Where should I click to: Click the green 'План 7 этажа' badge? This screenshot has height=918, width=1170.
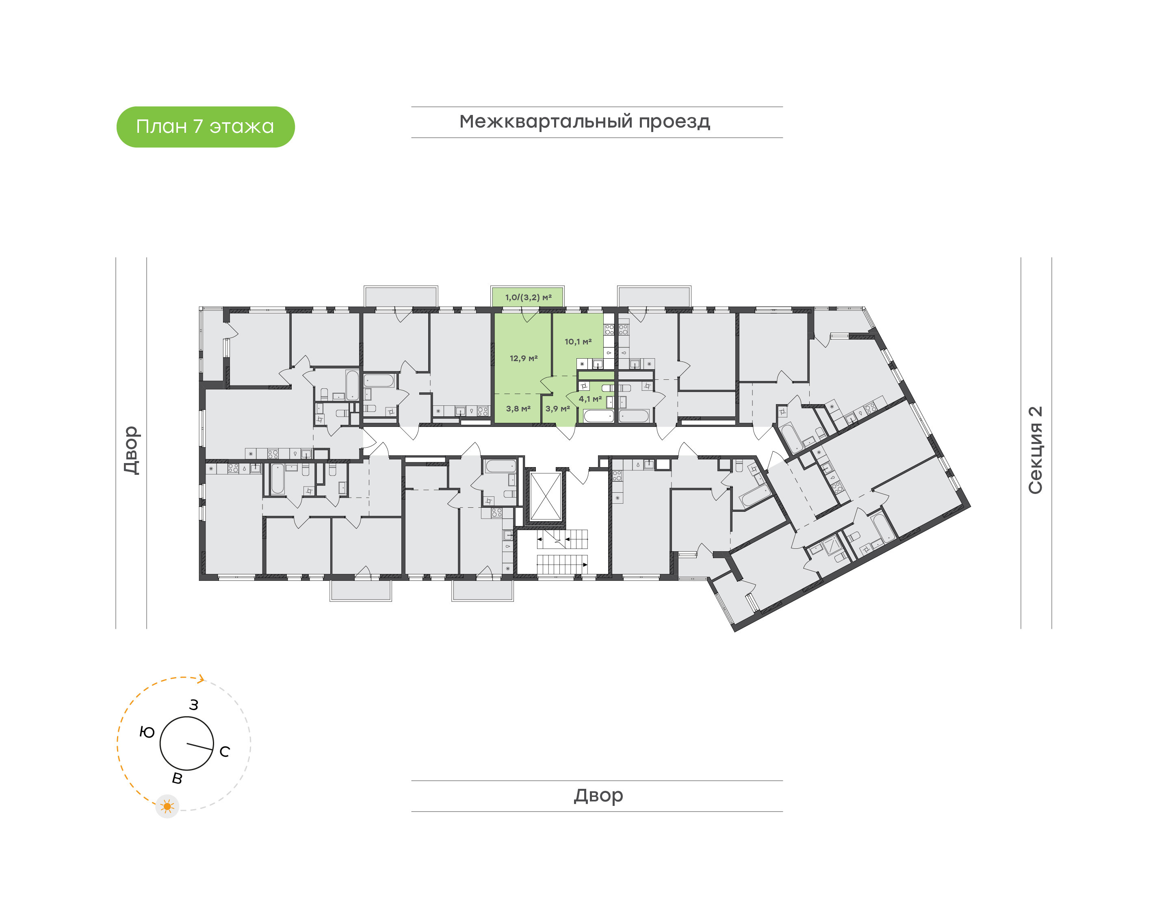pyautogui.click(x=205, y=127)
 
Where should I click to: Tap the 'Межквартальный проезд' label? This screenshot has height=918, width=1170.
pyautogui.click(x=584, y=122)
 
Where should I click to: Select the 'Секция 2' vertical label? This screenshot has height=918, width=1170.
pyautogui.click(x=1035, y=450)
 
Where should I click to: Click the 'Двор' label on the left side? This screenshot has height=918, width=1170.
pyautogui.click(x=131, y=450)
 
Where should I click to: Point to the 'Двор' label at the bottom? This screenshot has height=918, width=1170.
pyautogui.click(x=598, y=795)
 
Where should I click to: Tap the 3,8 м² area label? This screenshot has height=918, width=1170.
pyautogui.click(x=518, y=409)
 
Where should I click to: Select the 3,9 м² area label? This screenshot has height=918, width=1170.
pyautogui.click(x=557, y=409)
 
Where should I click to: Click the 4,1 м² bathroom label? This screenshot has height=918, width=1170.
pyautogui.click(x=589, y=399)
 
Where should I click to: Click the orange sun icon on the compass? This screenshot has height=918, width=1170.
pyautogui.click(x=167, y=806)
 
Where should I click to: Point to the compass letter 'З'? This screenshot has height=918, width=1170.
pyautogui.click(x=193, y=705)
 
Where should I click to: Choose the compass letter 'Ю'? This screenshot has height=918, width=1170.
pyautogui.click(x=147, y=732)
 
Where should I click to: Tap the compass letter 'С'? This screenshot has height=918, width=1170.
pyautogui.click(x=225, y=751)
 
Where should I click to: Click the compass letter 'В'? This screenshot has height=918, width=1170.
pyautogui.click(x=177, y=778)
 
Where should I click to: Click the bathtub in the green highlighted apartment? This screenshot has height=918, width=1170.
pyautogui.click(x=598, y=416)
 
